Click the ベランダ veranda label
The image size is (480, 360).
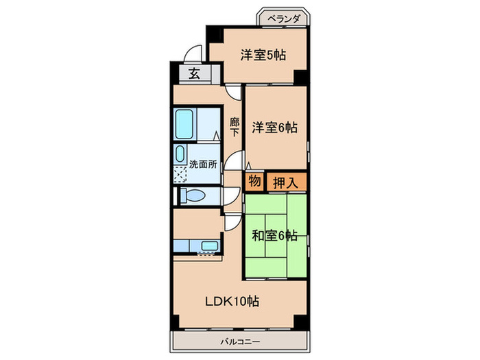[283, 19]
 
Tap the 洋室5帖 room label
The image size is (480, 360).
[263, 56]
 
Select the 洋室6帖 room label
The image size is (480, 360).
[274, 127]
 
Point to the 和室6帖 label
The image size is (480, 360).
[274, 235]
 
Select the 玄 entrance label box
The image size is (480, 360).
[194, 74]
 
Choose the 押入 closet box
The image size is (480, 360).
[286, 182]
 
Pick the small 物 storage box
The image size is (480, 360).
[254, 182]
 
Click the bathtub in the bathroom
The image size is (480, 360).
[187, 123]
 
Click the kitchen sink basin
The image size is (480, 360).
[209, 245]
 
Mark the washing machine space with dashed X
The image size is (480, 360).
[180, 173]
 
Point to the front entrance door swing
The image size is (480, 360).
[194, 53]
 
